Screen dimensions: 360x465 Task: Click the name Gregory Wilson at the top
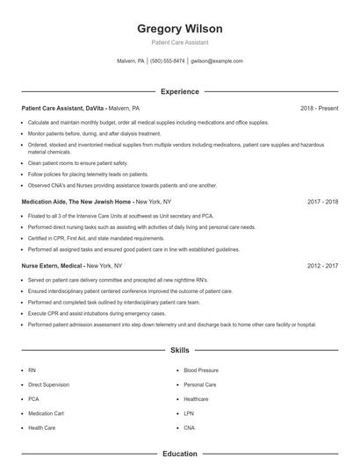[180, 28]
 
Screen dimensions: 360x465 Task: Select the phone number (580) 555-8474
[167, 61]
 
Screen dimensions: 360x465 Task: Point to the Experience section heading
[180, 91]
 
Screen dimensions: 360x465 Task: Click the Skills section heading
[180, 350]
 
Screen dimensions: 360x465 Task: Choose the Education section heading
[180, 454]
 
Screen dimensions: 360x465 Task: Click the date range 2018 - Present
[319, 108]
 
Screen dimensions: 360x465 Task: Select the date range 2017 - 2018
[322, 201]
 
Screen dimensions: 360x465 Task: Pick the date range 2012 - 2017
[322, 264]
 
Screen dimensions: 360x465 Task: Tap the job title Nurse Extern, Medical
[53, 264]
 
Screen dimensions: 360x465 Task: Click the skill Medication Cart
[46, 413]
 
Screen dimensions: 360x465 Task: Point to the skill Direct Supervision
[48, 384]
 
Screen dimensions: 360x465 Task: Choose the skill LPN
[189, 413]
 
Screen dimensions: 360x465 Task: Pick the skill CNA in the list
[190, 427]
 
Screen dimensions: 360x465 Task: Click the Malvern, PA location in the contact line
[130, 61]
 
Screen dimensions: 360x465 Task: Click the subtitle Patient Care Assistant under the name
[180, 43]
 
